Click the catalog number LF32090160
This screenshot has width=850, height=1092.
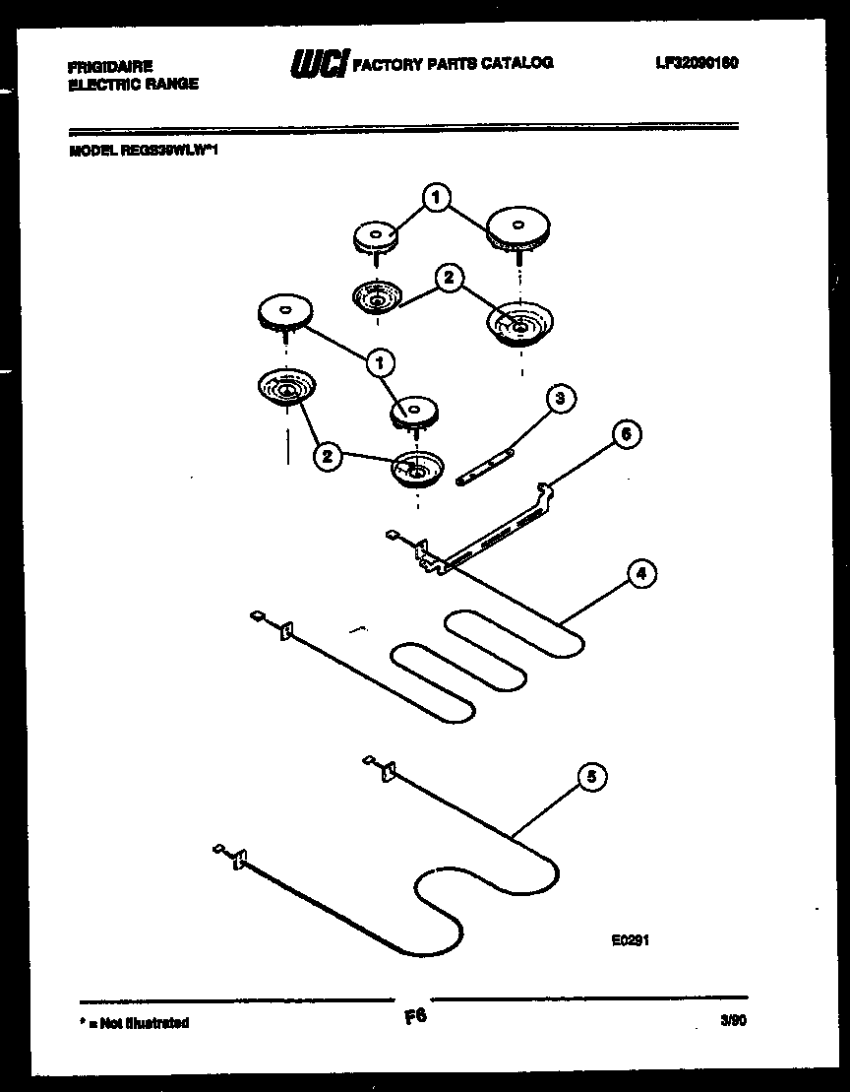click(696, 63)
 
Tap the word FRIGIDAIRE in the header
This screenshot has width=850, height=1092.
click(110, 67)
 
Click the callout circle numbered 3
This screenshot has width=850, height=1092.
click(560, 399)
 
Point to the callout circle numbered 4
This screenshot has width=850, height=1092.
click(640, 573)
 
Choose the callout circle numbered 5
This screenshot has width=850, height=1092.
click(590, 779)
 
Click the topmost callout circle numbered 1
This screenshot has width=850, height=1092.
click(436, 197)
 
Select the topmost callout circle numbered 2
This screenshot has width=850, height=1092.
click(448, 279)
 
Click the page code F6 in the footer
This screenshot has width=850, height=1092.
click(415, 1017)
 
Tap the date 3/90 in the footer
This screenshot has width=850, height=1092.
click(732, 1022)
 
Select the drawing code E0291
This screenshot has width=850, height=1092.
click(630, 940)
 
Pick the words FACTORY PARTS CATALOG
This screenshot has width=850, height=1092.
click(453, 64)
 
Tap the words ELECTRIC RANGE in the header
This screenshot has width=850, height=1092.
click(133, 85)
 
